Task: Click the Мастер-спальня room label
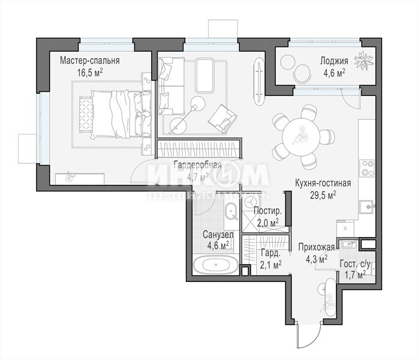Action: pyautogui.click(x=89, y=61)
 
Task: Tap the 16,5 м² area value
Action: pyautogui.click(x=90, y=73)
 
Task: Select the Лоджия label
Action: pyautogui.click(x=334, y=61)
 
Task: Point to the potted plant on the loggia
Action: pyautogui.click(x=363, y=61)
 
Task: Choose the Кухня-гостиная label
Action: pyautogui.click(x=323, y=184)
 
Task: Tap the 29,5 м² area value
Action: pyautogui.click(x=323, y=195)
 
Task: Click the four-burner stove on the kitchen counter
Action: pyautogui.click(x=367, y=168)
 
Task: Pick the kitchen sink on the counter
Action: pyautogui.click(x=368, y=206)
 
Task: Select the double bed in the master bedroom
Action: pyautogui.click(x=116, y=115)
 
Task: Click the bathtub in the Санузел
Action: pyautogui.click(x=215, y=265)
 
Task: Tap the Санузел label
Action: pyautogui.click(x=218, y=235)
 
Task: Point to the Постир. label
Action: pyautogui.click(x=267, y=211)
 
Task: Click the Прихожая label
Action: pyautogui.click(x=317, y=247)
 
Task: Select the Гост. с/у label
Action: pyautogui.click(x=355, y=265)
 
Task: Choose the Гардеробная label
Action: pyautogui.click(x=197, y=165)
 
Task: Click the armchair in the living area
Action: pyautogui.click(x=222, y=119)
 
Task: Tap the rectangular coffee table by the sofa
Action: pyautogui.click(x=205, y=76)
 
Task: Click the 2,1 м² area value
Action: pyautogui.click(x=271, y=265)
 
